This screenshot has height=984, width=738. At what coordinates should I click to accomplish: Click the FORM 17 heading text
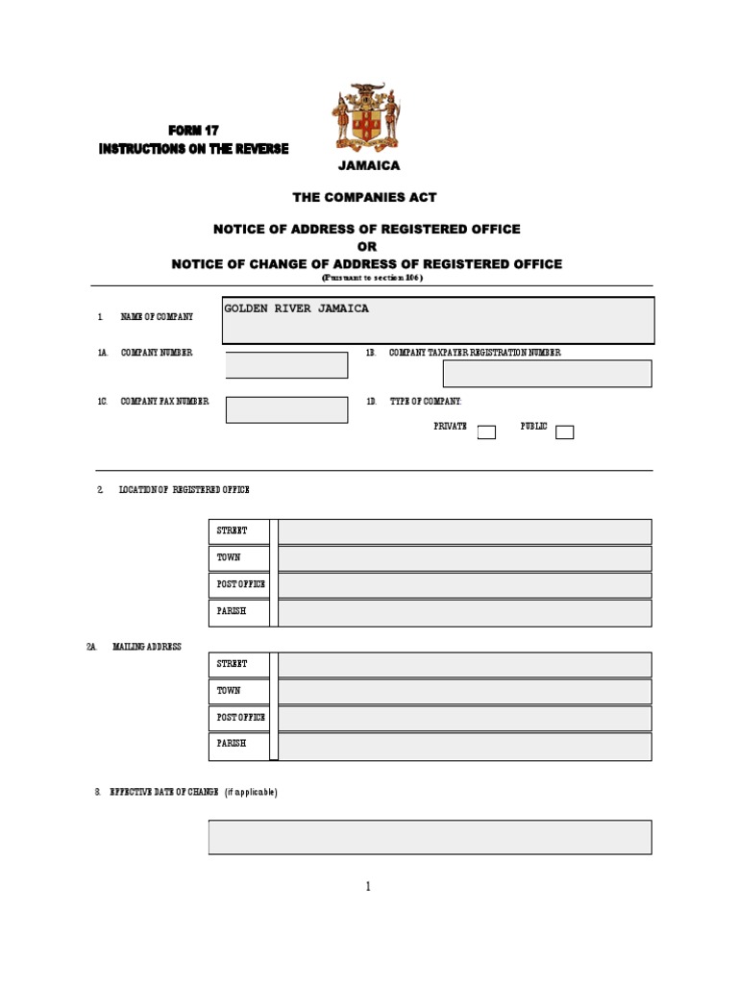(x=193, y=130)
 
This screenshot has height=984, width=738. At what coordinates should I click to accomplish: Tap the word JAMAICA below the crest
(x=369, y=165)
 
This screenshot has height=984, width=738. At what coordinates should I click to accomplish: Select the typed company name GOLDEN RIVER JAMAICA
(x=296, y=308)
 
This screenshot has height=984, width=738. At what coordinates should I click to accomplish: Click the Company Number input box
(x=286, y=365)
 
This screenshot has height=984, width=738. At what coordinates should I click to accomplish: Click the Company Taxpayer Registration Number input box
(x=547, y=374)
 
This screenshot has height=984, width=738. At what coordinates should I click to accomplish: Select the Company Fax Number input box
(x=286, y=409)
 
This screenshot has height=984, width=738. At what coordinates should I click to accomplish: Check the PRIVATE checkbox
(x=486, y=432)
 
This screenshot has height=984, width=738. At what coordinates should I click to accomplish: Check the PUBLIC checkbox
(x=565, y=432)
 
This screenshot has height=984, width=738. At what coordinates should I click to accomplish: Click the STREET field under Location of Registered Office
(x=464, y=531)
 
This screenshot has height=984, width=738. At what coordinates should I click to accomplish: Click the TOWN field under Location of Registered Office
(x=464, y=558)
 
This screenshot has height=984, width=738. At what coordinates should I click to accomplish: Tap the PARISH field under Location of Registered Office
(x=464, y=613)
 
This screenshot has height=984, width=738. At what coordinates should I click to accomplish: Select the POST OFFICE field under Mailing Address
(x=464, y=719)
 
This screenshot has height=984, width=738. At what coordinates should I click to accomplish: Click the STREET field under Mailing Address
(x=464, y=665)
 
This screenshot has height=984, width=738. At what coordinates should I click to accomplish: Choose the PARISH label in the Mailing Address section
(x=232, y=744)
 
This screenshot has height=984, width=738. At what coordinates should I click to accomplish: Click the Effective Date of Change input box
(x=430, y=837)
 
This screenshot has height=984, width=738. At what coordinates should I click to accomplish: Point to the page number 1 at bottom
(x=368, y=886)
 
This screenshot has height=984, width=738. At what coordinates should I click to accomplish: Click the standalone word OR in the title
(x=367, y=246)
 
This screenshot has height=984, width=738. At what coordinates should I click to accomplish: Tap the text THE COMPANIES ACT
(x=365, y=197)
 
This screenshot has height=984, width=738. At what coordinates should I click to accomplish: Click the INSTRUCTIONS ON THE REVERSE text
(x=193, y=149)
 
